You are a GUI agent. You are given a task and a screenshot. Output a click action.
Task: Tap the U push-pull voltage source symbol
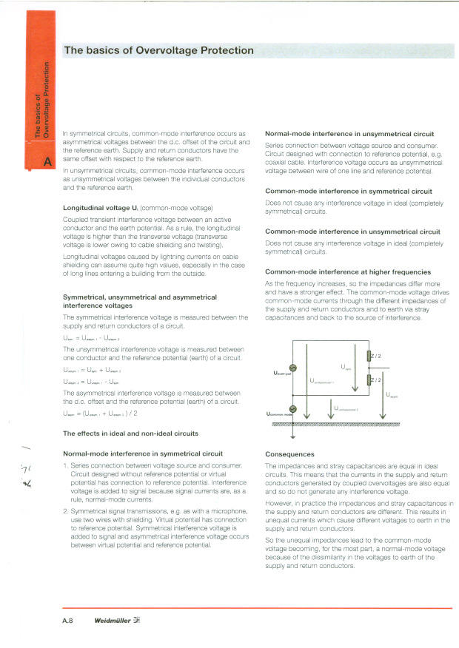292,368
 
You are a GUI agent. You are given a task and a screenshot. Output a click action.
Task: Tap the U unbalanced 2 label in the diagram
346,409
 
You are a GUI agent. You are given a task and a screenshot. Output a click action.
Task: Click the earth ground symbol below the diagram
292,434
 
